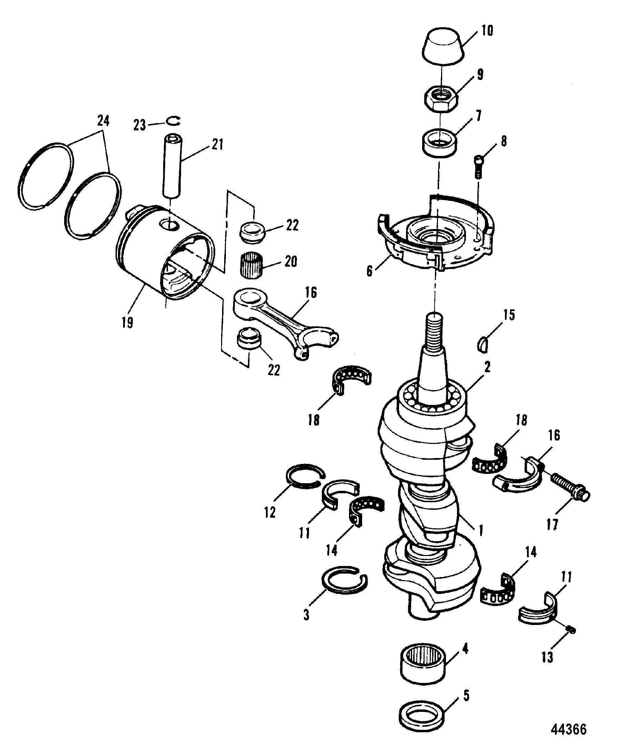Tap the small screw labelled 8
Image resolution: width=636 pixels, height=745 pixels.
click(478, 167)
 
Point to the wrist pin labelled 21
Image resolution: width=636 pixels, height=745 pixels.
click(172, 166)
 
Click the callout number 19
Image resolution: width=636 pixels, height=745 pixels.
click(127, 322)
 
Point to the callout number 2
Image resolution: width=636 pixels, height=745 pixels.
click(487, 367)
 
